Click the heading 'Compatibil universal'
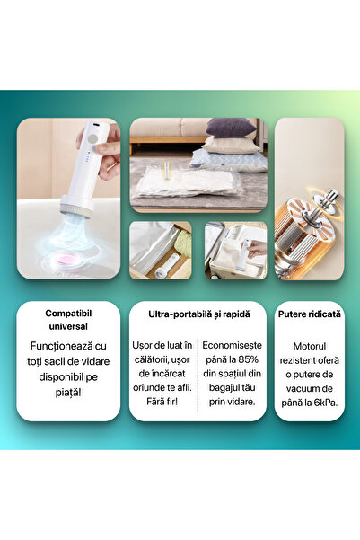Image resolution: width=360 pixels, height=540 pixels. (x=68, y=319)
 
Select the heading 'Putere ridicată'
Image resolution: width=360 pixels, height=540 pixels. (x=309, y=314)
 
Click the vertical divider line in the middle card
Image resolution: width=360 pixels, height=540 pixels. (x=197, y=373)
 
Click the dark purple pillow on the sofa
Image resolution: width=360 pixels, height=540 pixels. (x=232, y=128)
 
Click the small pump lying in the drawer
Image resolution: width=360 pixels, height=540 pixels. (x=167, y=267)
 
